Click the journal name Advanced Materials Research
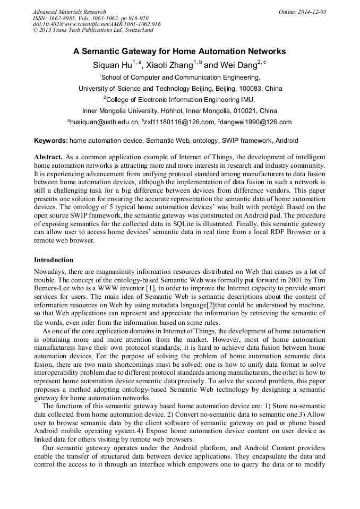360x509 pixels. (69, 12)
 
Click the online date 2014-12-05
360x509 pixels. (311, 12)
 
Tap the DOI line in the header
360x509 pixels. (97, 24)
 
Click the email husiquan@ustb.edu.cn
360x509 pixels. (104, 122)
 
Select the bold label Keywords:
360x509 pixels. (51, 141)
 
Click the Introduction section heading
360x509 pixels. (54, 260)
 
